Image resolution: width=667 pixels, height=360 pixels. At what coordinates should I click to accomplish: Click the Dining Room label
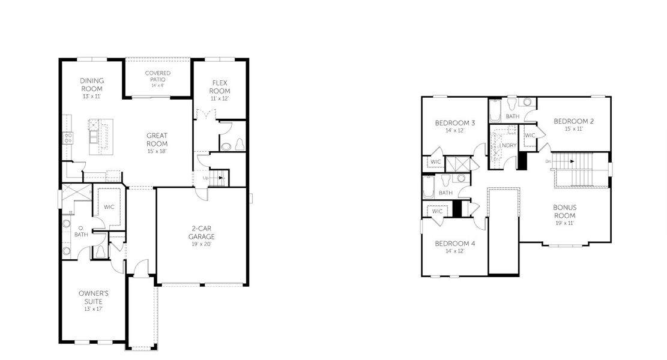pos(92,85)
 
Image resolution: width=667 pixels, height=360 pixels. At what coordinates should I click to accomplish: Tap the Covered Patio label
pos(157,76)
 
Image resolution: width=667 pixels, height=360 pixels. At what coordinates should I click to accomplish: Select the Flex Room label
pos(220,86)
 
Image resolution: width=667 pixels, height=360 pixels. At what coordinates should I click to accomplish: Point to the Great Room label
pos(157,139)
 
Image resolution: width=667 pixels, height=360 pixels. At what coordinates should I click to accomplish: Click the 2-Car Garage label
pos(202,232)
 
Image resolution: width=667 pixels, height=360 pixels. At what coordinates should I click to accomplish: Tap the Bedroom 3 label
pos(454,123)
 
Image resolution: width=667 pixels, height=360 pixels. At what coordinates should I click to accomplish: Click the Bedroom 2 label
pos(573,121)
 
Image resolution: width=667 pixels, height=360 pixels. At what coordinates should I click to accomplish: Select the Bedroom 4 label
pos(454,243)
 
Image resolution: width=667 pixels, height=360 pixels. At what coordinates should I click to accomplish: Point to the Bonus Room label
pos(564,211)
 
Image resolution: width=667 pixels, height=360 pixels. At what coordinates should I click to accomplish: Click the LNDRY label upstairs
pos(508,145)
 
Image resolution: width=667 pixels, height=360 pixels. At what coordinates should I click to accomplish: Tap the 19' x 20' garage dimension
pos(202,244)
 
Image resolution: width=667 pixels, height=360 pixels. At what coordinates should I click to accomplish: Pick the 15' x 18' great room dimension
pos(157,151)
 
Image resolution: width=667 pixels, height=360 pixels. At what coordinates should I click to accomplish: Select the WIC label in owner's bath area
pos(109,207)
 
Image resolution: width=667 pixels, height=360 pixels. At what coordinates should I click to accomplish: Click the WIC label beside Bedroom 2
pos(530,136)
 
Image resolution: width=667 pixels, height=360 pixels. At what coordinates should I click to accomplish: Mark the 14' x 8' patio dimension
pos(157,86)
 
